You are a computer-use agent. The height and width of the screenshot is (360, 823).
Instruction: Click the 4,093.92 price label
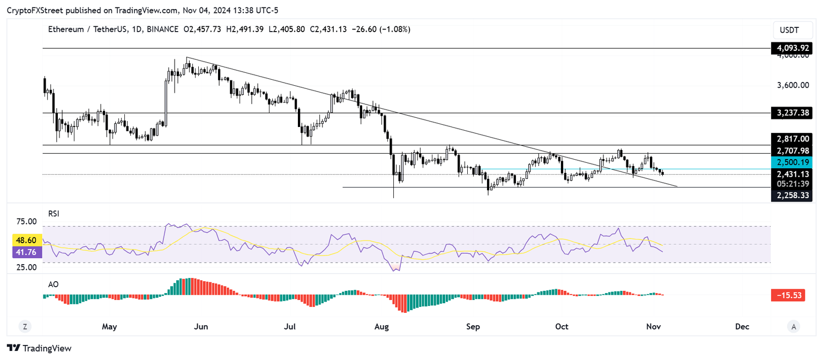point(791,48)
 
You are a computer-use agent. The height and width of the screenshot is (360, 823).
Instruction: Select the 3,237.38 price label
point(791,113)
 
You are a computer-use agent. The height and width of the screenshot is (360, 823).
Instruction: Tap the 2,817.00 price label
point(791,139)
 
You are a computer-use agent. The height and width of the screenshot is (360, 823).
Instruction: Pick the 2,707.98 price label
point(791,151)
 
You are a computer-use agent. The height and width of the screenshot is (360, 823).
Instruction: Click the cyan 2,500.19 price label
point(791,162)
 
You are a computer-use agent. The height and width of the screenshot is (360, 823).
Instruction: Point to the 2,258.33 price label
point(791,196)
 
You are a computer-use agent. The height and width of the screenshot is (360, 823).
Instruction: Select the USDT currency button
point(789,30)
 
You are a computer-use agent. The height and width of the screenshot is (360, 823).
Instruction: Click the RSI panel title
point(54,213)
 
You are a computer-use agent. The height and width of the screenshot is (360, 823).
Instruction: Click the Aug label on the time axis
point(381,326)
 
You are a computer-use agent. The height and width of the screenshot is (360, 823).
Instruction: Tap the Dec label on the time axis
point(742,326)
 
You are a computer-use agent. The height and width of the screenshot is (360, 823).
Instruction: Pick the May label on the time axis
point(109,326)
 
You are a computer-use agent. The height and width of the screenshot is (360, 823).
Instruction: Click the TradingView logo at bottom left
point(39,348)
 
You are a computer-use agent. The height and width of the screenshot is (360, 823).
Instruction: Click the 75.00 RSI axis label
point(27,221)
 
